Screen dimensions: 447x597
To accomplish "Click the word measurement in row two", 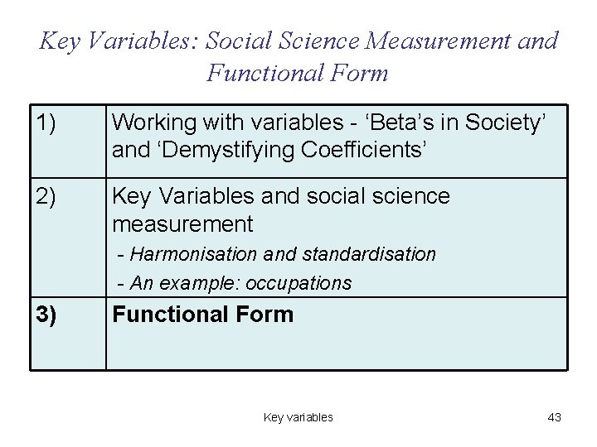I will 182,224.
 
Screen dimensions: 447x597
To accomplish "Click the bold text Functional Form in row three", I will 202,315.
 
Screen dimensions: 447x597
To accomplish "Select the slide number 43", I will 554,417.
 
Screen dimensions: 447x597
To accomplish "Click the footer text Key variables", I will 298,417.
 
